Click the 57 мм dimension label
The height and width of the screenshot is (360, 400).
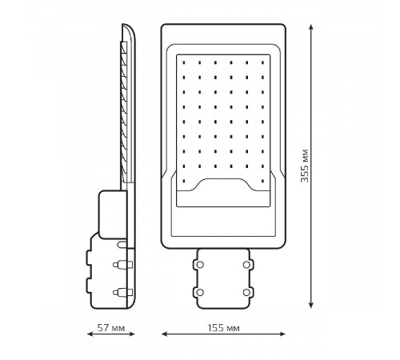point(111,328)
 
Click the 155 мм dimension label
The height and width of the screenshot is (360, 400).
point(223,328)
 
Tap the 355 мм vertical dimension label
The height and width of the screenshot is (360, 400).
point(305,166)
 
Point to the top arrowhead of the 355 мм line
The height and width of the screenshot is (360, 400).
point(311,27)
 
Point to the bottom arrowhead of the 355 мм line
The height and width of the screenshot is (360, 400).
point(311,305)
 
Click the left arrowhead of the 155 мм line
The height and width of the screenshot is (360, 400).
point(165,334)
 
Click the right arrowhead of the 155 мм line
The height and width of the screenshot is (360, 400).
point(282,334)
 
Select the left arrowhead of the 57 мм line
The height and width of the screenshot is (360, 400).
point(90,334)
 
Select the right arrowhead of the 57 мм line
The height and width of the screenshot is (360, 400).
point(132,334)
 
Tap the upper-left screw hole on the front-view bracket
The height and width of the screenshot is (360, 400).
point(200,265)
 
